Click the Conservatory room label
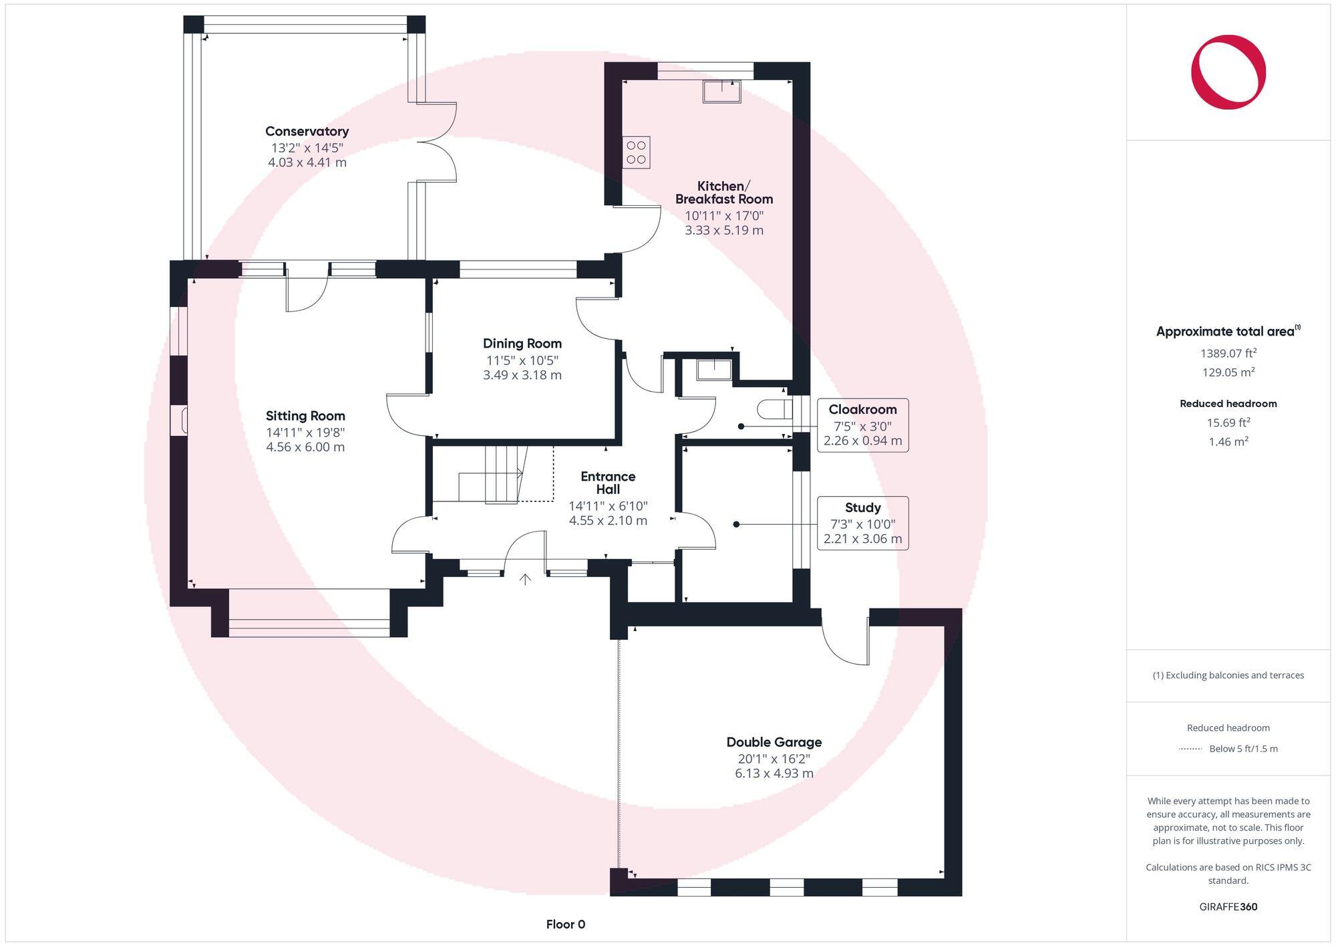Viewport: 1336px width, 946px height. tap(307, 132)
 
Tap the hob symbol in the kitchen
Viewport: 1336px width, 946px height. tap(636, 152)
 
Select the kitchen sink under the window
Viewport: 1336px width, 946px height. tap(721, 92)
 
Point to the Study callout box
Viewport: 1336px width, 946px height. tap(862, 523)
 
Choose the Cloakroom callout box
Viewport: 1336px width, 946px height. tap(862, 425)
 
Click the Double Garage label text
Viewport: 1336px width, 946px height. tap(774, 742)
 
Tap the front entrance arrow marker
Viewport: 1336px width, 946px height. tap(525, 579)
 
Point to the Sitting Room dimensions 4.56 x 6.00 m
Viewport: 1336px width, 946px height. tap(305, 447)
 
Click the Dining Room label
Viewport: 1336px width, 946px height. tap(522, 344)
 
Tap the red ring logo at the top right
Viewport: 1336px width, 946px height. tap(1228, 72)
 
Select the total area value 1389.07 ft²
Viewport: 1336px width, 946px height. tap(1228, 353)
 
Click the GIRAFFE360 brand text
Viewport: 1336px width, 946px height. tap(1228, 907)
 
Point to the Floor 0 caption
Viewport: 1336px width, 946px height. tap(565, 924)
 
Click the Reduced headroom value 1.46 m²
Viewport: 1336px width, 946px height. tap(1228, 441)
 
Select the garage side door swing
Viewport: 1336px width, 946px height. tap(845, 638)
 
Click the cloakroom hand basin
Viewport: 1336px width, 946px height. tap(714, 369)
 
